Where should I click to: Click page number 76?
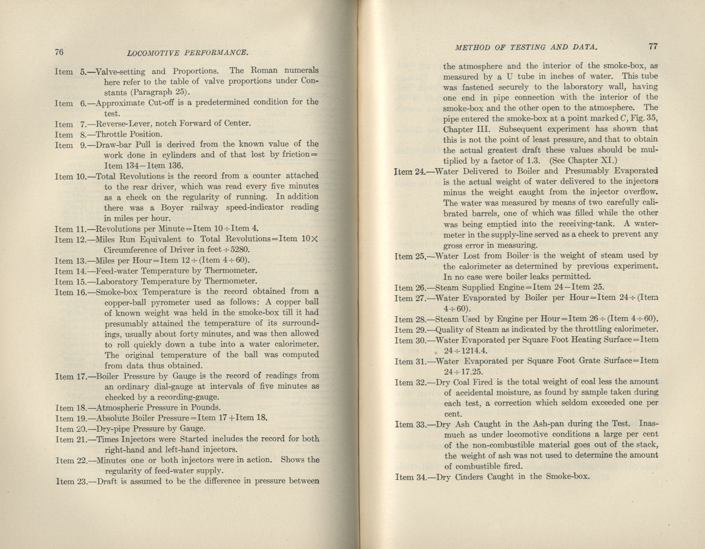[59, 52]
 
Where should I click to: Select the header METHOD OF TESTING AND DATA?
[526, 47]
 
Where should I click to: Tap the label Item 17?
[70, 376]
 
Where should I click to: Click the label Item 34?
[410, 477]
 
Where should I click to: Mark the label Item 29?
[410, 330]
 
